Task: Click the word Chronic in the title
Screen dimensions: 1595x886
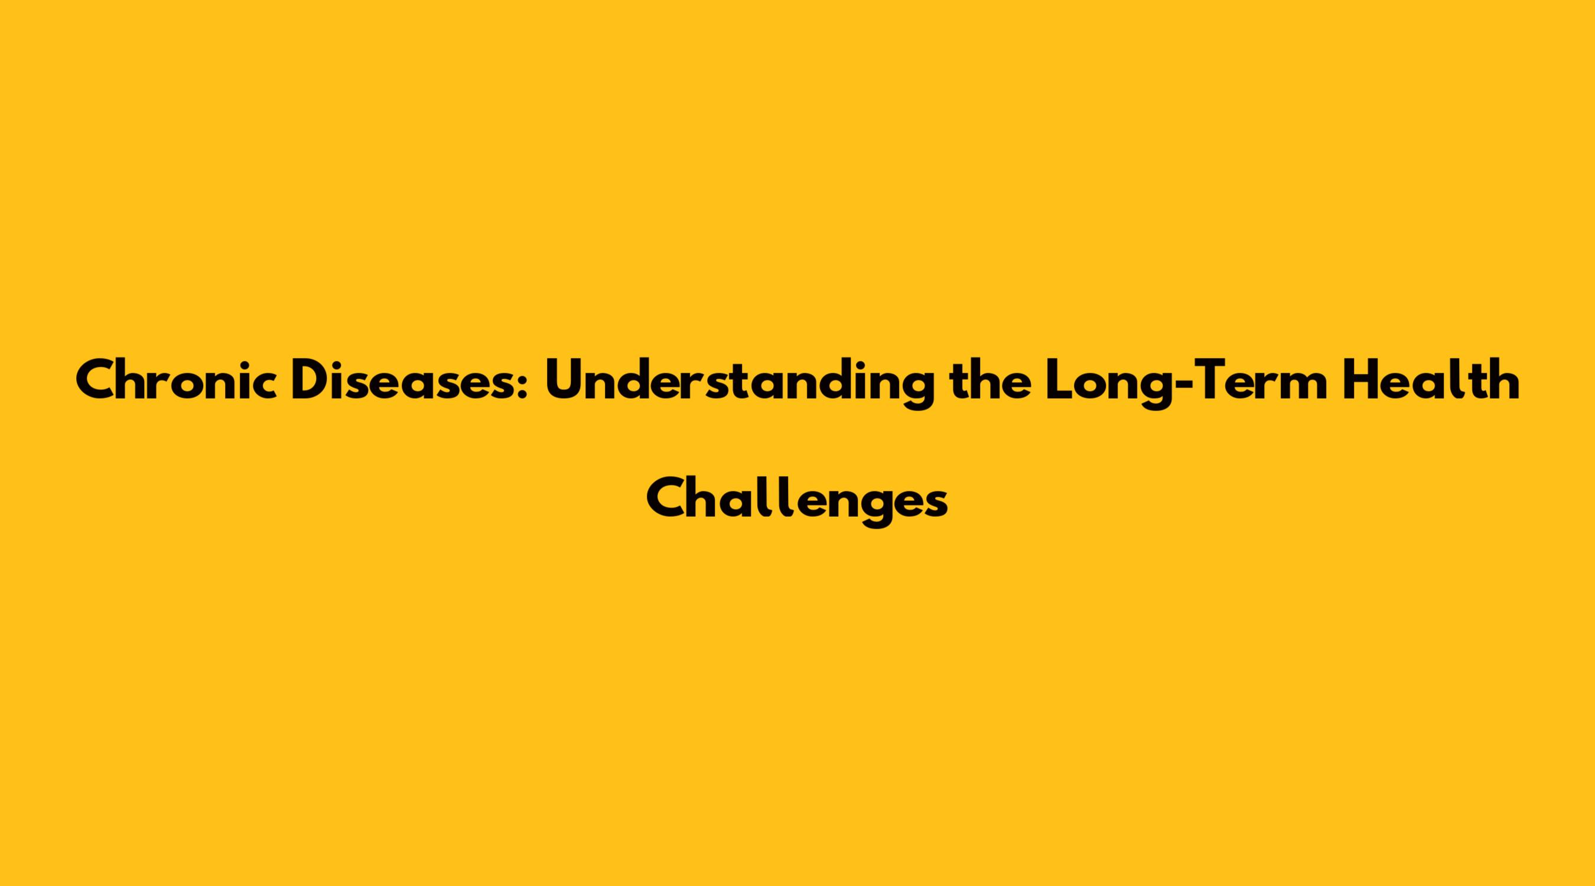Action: (177, 380)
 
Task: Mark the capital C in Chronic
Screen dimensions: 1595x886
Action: (95, 380)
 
